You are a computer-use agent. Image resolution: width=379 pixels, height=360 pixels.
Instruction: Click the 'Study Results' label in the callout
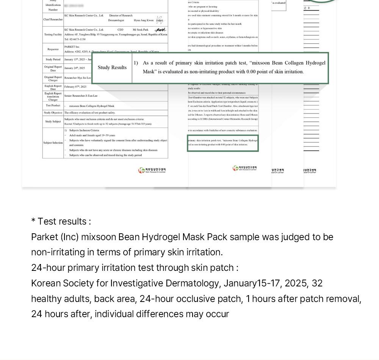click(x=112, y=68)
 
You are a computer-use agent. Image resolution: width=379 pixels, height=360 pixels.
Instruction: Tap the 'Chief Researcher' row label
click(x=53, y=19)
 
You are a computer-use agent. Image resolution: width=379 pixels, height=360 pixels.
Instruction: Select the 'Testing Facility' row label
click(x=53, y=35)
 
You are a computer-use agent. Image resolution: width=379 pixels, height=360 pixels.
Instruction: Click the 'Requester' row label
click(x=53, y=49)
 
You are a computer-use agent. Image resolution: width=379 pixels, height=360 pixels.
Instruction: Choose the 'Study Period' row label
click(x=53, y=60)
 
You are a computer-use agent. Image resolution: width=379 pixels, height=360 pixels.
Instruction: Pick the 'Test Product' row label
click(x=53, y=105)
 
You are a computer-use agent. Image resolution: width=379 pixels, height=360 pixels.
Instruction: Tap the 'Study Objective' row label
click(x=53, y=113)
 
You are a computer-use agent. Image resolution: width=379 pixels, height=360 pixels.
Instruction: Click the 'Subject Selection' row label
click(x=53, y=143)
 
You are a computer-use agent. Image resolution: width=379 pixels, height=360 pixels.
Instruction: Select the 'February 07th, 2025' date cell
click(x=75, y=87)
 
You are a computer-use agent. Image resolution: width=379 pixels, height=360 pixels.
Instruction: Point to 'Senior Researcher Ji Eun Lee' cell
click(x=81, y=96)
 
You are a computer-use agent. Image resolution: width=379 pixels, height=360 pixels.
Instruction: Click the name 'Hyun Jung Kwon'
click(x=144, y=20)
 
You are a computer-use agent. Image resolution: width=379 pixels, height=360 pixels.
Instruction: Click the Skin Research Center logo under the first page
click(x=152, y=171)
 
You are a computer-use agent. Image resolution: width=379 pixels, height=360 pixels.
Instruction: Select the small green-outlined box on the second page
click(x=223, y=143)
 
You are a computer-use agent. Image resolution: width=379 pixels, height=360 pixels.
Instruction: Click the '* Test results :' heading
click(x=61, y=222)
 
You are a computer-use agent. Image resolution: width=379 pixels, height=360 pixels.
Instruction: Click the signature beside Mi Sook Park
click(x=160, y=30)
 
